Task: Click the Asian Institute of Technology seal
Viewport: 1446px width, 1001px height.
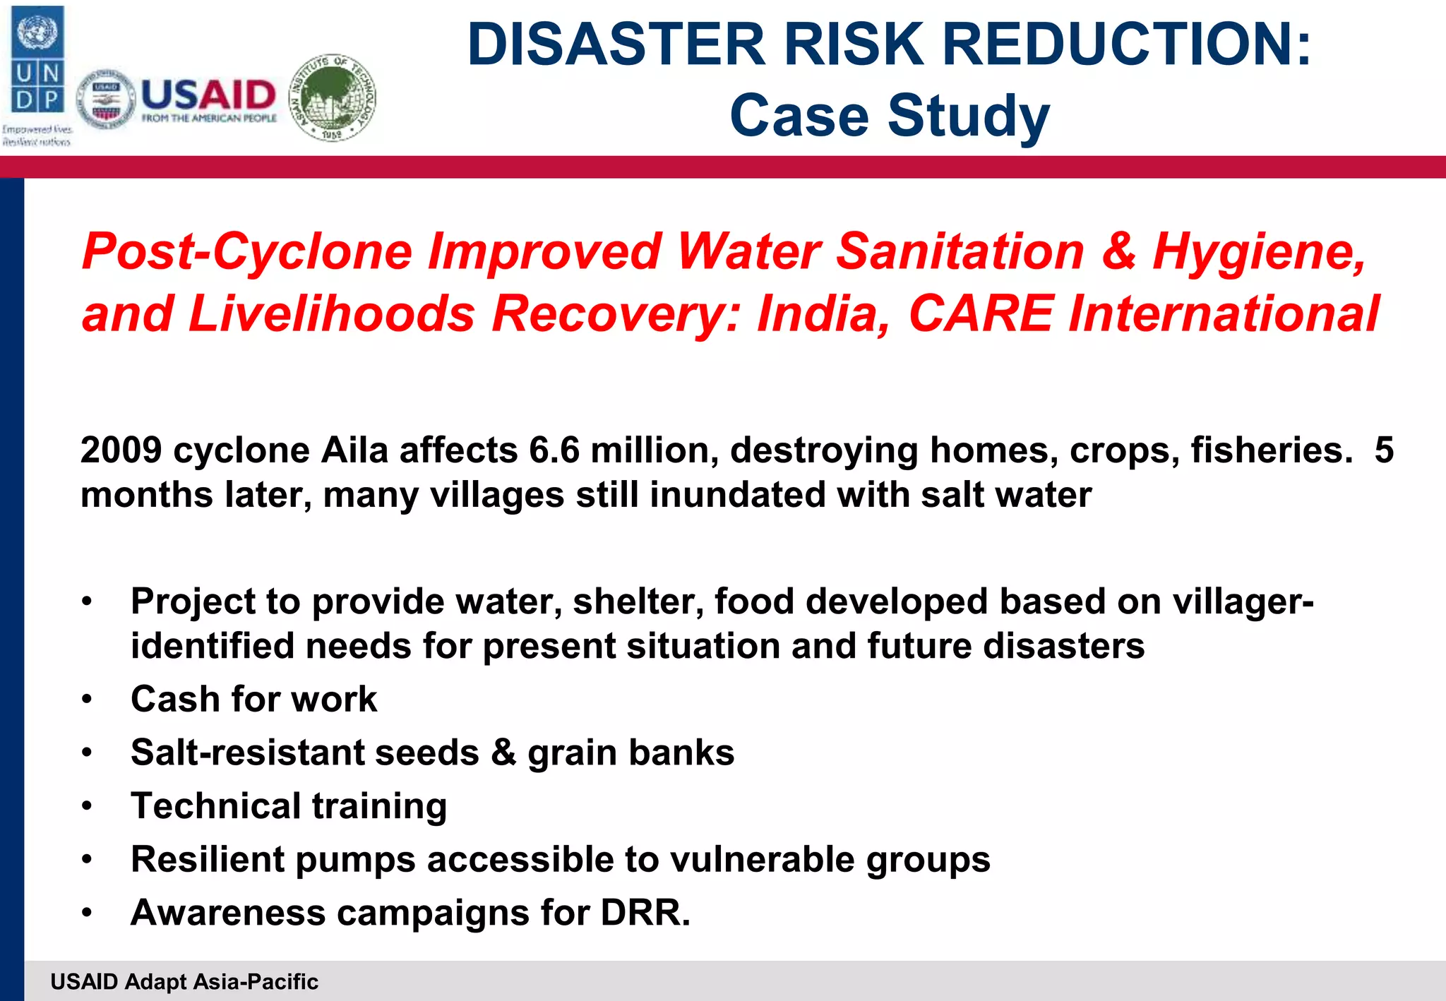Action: tap(333, 97)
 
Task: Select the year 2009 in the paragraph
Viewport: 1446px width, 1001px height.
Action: tap(121, 450)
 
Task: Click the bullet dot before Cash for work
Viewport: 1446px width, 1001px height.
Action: tap(87, 700)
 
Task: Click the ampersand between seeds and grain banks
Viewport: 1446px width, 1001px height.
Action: tap(503, 753)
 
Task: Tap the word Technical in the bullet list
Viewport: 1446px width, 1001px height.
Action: tap(216, 806)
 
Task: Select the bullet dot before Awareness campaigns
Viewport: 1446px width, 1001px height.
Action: tap(87, 913)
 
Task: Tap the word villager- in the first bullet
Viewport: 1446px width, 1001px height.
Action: tap(1243, 602)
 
